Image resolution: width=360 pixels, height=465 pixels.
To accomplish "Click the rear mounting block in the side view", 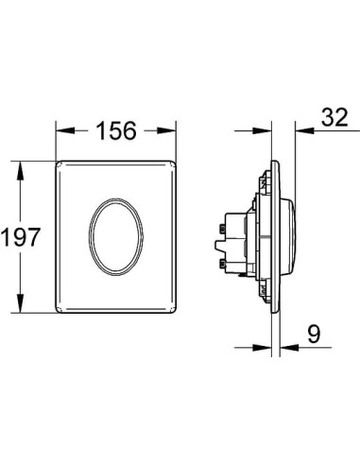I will pyautogui.click(x=231, y=241).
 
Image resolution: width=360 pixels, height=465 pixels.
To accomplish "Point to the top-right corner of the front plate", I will pyautogui.click(x=175, y=163).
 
